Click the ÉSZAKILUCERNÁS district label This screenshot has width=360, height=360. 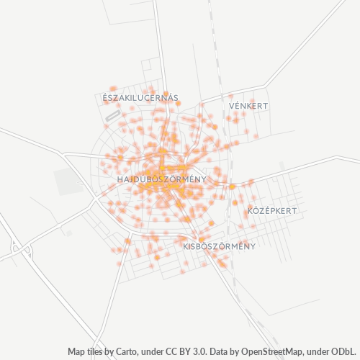tap(140, 97)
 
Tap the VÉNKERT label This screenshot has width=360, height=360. tap(248, 106)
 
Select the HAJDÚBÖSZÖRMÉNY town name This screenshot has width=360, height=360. tap(161, 179)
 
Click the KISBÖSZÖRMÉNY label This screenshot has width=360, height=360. tap(220, 246)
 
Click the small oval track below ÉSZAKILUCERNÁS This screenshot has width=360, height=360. tap(112, 114)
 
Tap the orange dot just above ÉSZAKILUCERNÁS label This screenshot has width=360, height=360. tap(112, 89)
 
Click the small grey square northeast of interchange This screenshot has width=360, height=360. tap(69, 233)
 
